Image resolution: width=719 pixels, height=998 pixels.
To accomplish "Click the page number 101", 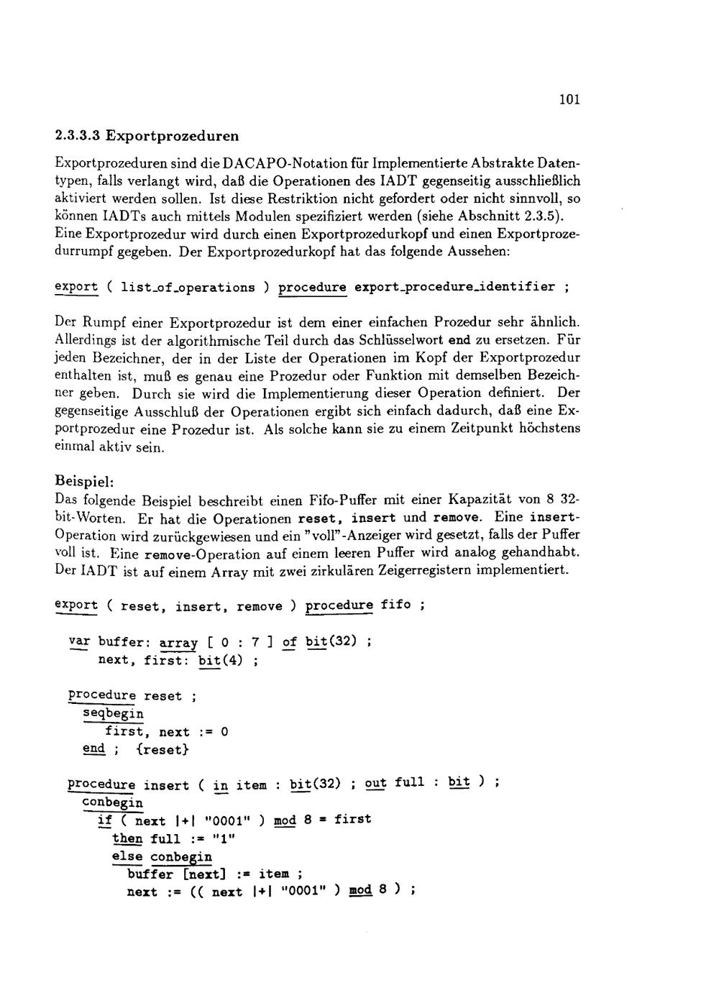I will click(x=569, y=99).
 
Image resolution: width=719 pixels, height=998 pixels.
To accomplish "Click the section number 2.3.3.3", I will click(x=77, y=135).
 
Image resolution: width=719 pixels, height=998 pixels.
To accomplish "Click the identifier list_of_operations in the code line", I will click(x=188, y=288).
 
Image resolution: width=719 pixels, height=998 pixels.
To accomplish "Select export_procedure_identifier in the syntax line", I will click(x=454, y=287).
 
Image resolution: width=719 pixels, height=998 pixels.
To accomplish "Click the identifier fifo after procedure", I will click(x=395, y=605).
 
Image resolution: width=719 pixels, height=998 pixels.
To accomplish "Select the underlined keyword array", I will click(x=178, y=642).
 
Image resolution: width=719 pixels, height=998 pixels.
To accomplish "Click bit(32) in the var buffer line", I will click(x=331, y=641).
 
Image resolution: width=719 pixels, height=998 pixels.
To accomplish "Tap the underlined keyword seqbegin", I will click(x=114, y=714).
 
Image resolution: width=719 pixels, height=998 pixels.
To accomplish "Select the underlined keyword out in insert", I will click(x=375, y=783).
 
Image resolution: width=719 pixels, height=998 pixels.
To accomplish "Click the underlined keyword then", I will click(x=127, y=838).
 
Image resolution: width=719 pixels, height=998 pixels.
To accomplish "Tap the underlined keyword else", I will click(x=127, y=856).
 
